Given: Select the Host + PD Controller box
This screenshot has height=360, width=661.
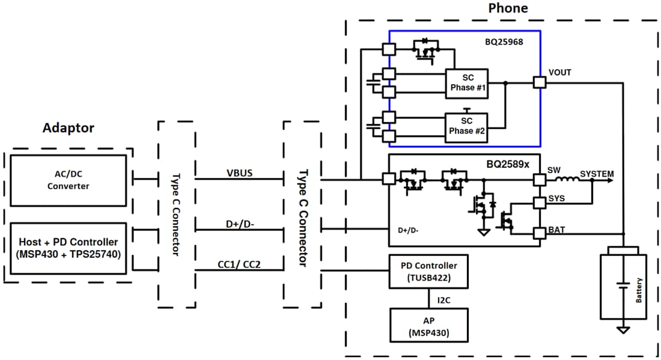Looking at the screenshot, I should pos(69,248).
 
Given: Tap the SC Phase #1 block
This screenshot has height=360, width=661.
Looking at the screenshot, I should pos(467,84).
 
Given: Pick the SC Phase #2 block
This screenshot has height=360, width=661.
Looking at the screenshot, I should pos(467,127).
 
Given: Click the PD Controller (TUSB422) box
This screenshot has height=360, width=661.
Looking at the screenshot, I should pos(428,271).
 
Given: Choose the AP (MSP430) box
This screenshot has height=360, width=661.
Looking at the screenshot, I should pos(428,325).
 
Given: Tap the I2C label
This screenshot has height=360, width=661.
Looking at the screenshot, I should pos(444,299).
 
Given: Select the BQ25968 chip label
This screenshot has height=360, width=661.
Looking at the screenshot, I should pos(506,43).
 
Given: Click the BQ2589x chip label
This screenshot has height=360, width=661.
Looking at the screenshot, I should pos(508,163).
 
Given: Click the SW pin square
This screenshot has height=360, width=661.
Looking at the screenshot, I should pos(540,179).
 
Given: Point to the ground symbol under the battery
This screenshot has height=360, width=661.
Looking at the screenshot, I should pos(624,329).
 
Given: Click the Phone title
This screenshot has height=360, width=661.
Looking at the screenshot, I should pos(508,8).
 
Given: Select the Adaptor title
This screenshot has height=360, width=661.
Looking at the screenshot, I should pos(68,128).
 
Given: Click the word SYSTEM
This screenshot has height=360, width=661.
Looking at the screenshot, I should pos(597,174).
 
